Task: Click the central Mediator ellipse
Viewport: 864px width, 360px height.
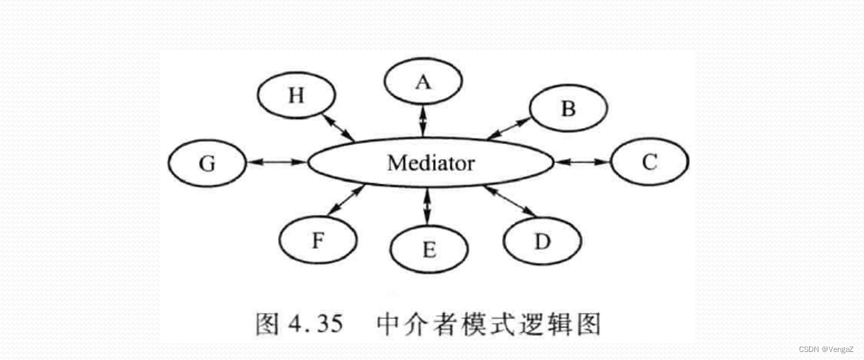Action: pos(430,163)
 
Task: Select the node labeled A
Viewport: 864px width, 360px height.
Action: pos(422,82)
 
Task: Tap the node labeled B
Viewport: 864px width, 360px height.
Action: pos(568,109)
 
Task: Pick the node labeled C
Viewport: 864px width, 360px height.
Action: pos(650,162)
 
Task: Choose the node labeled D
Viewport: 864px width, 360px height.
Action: pos(542,241)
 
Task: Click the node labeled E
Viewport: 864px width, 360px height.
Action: pos(429,249)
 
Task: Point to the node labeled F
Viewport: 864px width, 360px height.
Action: pos(318,241)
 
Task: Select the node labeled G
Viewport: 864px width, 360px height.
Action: pos(207,163)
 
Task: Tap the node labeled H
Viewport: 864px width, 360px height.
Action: pos(296,96)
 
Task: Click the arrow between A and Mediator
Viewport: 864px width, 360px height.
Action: pos(422,121)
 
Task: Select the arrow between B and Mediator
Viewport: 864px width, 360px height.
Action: pos(509,128)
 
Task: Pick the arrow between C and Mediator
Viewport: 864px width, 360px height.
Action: pos(582,162)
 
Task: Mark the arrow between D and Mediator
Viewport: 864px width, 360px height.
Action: pos(510,201)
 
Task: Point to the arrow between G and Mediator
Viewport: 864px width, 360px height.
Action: pos(276,162)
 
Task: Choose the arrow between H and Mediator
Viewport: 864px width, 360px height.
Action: pos(338,127)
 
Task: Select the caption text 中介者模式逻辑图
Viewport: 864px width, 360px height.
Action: pos(489,324)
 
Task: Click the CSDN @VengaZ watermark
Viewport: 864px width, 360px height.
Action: pos(826,349)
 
